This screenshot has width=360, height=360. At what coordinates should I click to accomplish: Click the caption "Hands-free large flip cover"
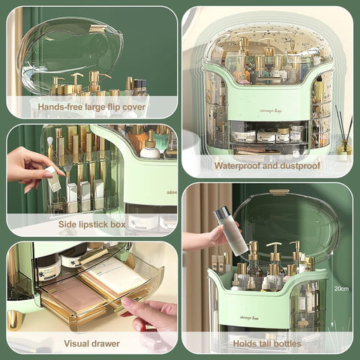coord(92,106)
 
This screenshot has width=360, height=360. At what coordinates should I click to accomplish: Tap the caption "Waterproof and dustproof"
coord(267,166)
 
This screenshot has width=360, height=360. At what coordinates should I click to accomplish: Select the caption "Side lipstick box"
coord(91,224)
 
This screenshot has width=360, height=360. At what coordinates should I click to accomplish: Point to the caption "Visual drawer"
coord(91,343)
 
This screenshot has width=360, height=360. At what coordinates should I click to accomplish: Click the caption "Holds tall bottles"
coord(267,343)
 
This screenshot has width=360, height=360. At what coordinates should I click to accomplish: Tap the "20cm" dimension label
coord(342,288)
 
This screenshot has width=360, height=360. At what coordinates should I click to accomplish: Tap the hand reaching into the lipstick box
coord(30,169)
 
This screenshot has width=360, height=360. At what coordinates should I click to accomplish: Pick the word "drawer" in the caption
coord(106,343)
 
